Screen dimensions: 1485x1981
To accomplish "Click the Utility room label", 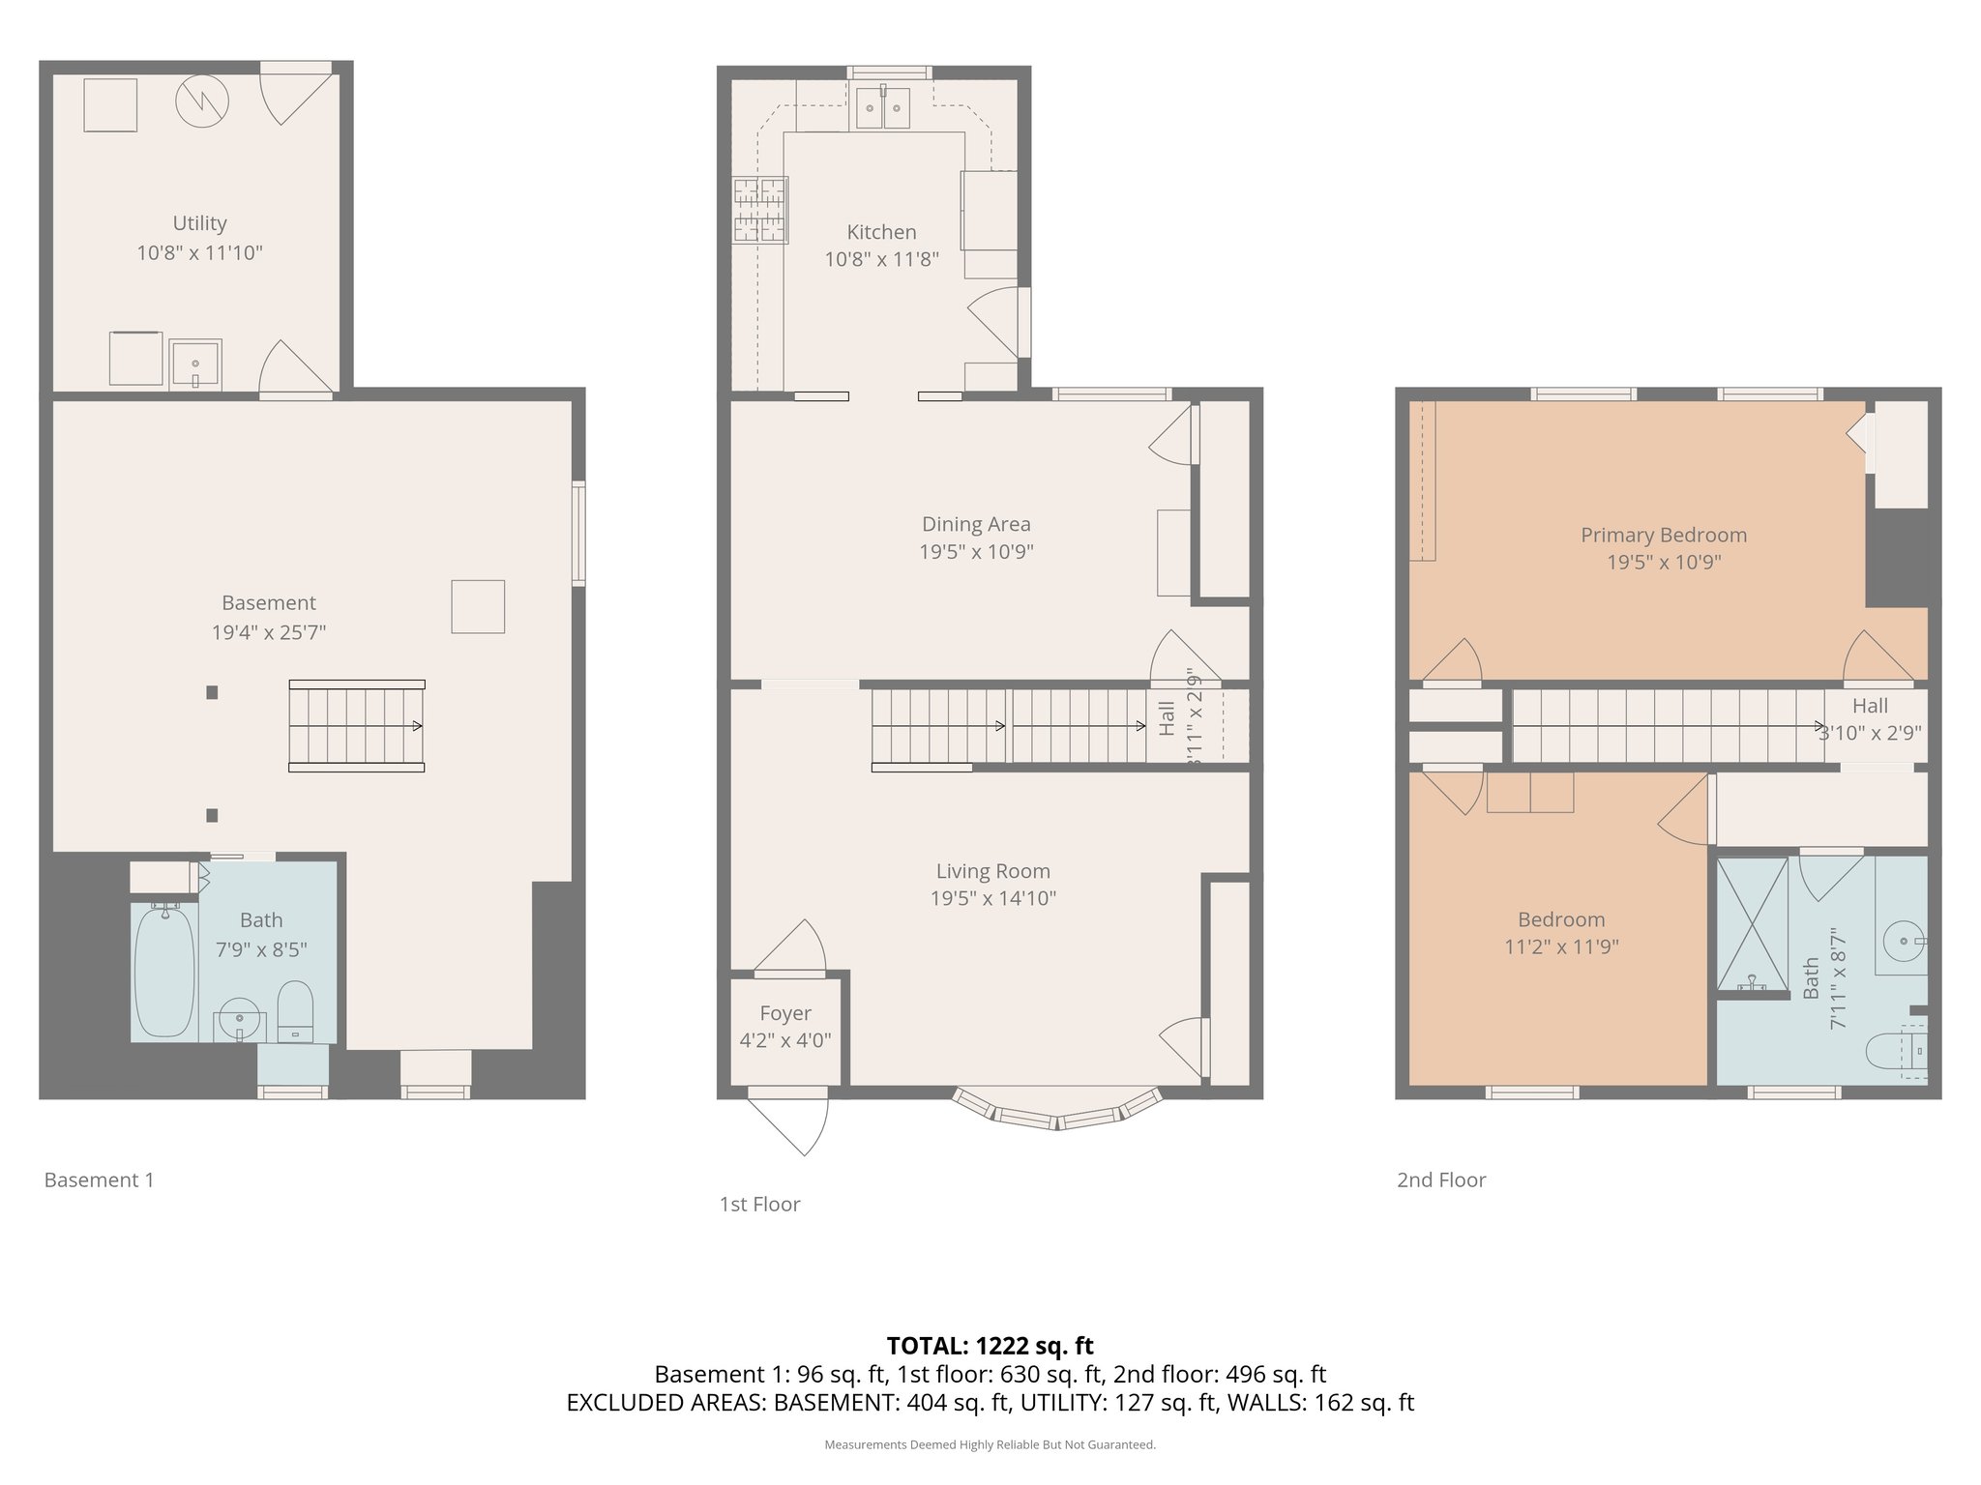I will tap(199, 223).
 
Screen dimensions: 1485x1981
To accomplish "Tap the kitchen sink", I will tap(882, 108).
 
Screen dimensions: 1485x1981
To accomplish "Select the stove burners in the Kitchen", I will tap(759, 209).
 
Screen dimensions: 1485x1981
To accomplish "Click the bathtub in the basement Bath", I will tap(164, 972).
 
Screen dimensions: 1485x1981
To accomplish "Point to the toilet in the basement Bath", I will tap(295, 1010).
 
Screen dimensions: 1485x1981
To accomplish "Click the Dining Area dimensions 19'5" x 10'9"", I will tap(976, 552).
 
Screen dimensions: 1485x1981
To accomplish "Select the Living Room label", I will tap(992, 871).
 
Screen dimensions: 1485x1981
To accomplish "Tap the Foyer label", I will tap(784, 1013).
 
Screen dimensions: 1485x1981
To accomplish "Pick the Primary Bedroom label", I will tap(1663, 535).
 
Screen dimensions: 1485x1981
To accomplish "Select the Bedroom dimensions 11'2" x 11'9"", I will tap(1561, 946).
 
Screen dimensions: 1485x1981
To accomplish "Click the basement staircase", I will tap(356, 726).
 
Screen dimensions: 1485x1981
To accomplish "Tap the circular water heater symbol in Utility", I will tap(202, 102).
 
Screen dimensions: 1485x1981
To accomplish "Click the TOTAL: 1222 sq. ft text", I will tap(990, 1346).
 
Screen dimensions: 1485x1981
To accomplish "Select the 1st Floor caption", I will tap(759, 1204).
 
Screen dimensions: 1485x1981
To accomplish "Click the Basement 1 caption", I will tap(99, 1179).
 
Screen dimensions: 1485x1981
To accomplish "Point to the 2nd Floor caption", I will tap(1440, 1179).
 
